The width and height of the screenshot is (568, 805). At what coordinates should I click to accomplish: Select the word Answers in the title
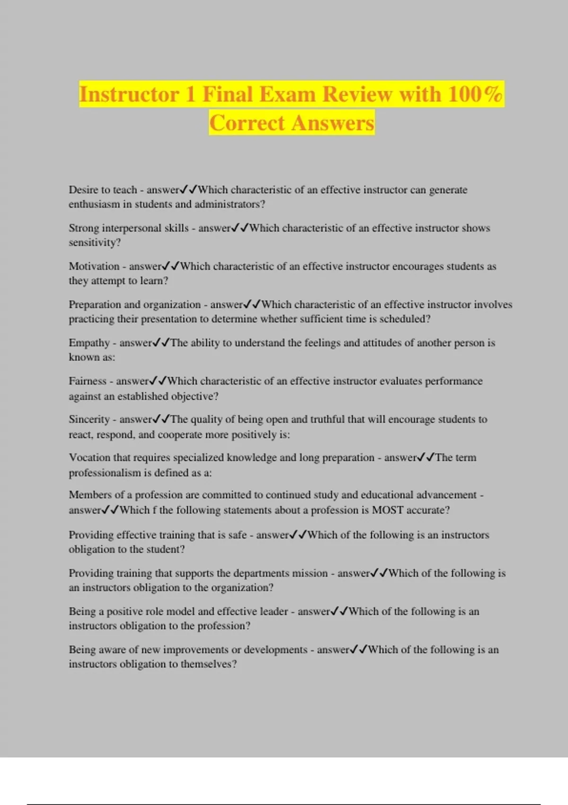click(333, 123)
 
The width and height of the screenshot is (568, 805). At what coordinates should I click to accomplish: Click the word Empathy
click(89, 343)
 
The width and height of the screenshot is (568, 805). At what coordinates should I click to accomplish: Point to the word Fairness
click(88, 381)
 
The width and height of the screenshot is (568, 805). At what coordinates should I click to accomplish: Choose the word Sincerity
click(89, 420)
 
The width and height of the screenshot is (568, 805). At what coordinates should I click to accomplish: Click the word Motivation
click(94, 266)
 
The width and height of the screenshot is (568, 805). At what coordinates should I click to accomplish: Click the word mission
click(310, 573)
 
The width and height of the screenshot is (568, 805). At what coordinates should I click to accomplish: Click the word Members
click(89, 495)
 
